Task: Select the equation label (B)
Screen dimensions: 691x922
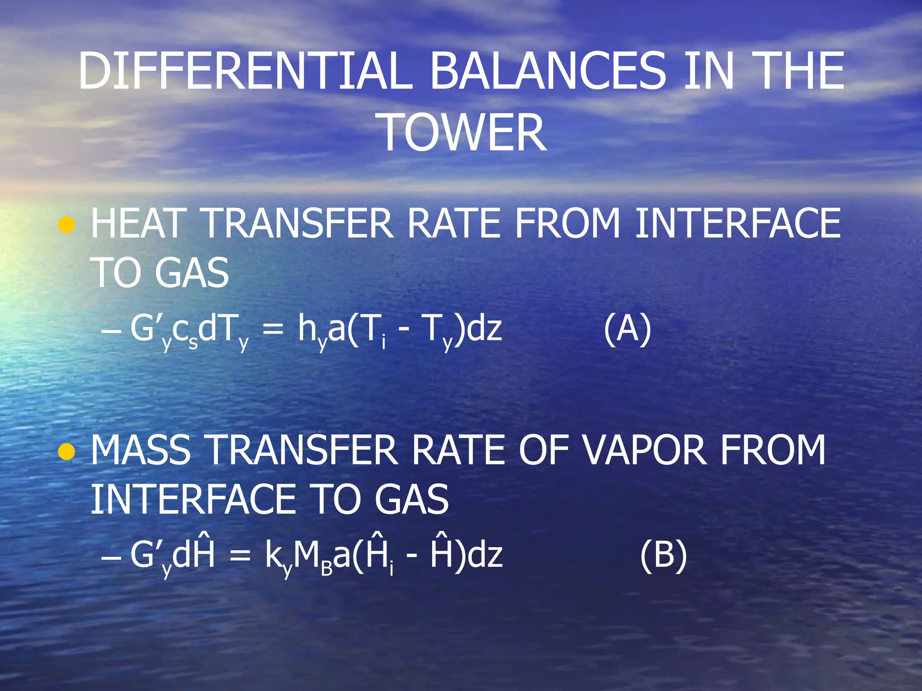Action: (663, 556)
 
